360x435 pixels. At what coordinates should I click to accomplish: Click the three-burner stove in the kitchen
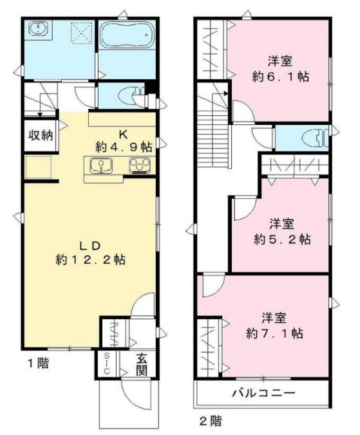click(139, 167)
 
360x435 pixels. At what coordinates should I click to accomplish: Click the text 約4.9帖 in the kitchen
click(124, 146)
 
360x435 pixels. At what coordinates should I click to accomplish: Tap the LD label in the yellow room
click(90, 245)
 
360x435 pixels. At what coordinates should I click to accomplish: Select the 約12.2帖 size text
click(90, 261)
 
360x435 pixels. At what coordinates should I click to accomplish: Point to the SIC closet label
click(106, 365)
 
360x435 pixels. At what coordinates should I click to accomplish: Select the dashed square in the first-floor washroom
click(81, 31)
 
